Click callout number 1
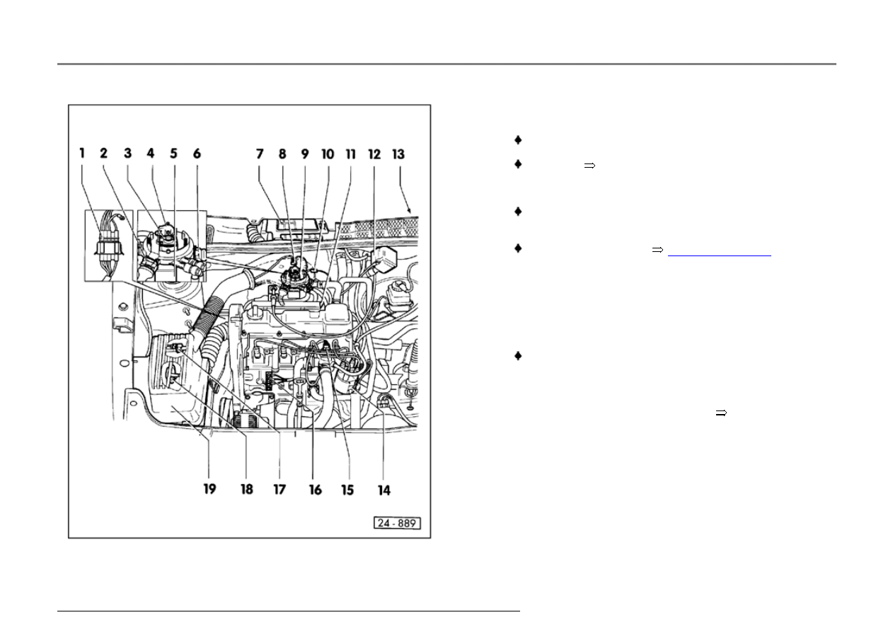pyautogui.click(x=82, y=153)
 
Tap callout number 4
pyautogui.click(x=150, y=153)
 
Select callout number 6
pyautogui.click(x=197, y=154)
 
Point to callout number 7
pyautogui.click(x=260, y=154)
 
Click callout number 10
pyautogui.click(x=328, y=154)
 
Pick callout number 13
pyautogui.click(x=398, y=154)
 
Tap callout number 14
pyautogui.click(x=384, y=490)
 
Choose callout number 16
pyautogui.click(x=315, y=490)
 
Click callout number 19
pyautogui.click(x=209, y=489)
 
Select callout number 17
pyautogui.click(x=280, y=489)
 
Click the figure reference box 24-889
pyautogui.click(x=397, y=523)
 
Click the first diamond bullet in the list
pyautogui.click(x=518, y=140)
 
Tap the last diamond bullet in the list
pyautogui.click(x=518, y=356)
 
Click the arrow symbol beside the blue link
pyautogui.click(x=657, y=250)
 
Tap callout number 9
pyautogui.click(x=305, y=154)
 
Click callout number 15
pyautogui.click(x=347, y=490)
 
